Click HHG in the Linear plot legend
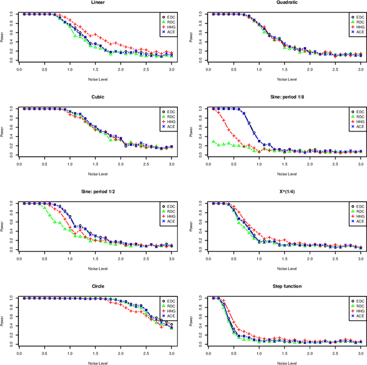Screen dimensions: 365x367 coord(169,27)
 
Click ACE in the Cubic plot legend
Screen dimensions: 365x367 coord(169,127)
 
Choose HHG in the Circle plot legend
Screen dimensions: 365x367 coord(169,311)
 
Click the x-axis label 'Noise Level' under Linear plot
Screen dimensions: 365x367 coord(96,79)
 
